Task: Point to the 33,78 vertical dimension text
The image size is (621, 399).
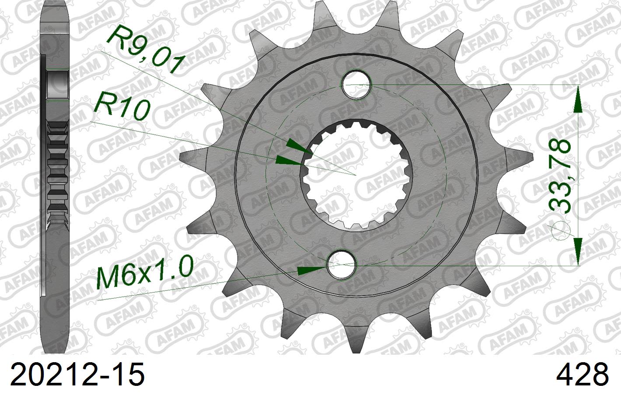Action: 560,175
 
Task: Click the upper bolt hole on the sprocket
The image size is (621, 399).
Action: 357,84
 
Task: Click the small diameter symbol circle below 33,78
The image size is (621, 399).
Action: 560,232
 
